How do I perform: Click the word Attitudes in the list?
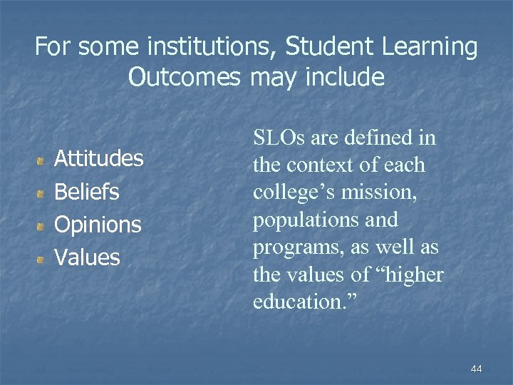99,158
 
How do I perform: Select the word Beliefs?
87,192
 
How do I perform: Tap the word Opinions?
98,225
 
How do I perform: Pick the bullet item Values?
87,257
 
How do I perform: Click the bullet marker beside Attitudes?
43,160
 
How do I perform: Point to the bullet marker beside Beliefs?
43,193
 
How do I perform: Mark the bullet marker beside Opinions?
43,226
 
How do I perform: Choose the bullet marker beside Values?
43,258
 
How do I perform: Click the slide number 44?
477,369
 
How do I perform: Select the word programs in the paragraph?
294,247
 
